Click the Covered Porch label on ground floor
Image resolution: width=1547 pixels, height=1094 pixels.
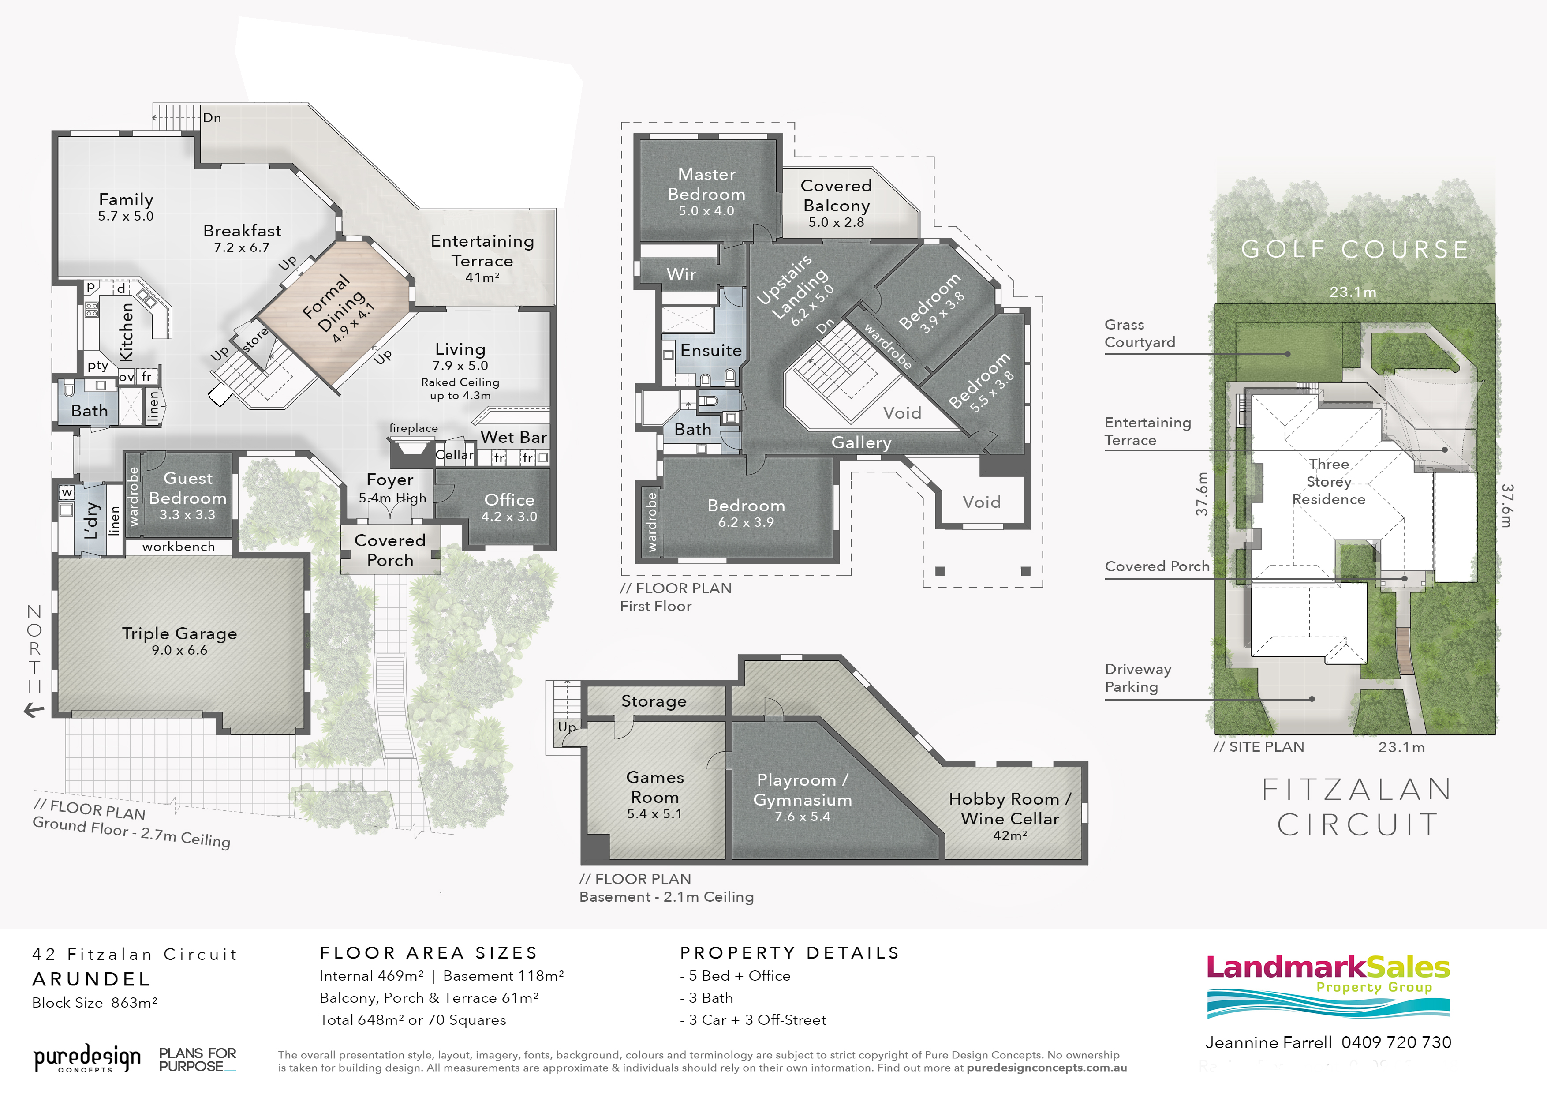tap(390, 550)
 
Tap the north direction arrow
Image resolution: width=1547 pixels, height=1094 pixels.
tap(34, 709)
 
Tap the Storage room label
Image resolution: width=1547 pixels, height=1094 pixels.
tap(654, 701)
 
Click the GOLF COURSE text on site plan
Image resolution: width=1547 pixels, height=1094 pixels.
tap(1355, 249)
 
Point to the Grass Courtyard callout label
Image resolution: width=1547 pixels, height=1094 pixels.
tap(1140, 333)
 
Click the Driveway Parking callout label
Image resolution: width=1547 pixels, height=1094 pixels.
tap(1138, 678)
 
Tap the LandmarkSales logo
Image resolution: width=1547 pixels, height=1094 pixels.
tap(1328, 986)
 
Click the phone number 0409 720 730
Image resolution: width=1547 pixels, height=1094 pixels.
tap(1396, 1042)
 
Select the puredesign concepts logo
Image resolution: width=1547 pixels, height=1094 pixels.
tap(88, 1058)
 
